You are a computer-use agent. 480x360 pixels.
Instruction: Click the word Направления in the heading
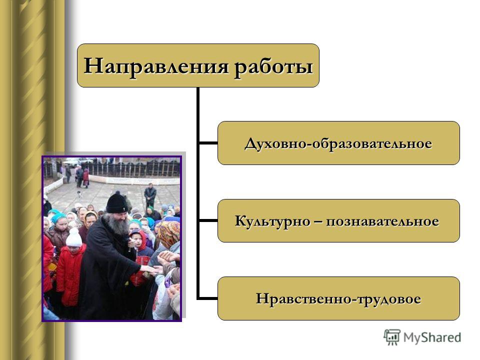[156, 66]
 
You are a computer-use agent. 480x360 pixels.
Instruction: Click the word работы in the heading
[273, 66]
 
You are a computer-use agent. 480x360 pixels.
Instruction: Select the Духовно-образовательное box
[338, 143]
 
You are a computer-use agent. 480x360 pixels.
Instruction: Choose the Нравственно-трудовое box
[338, 298]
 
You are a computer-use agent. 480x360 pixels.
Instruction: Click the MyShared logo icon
[392, 337]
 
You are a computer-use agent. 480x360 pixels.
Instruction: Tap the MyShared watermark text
[432, 337]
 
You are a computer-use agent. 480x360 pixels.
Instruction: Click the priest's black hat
[116, 203]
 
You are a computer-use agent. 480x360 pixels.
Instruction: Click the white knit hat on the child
[74, 237]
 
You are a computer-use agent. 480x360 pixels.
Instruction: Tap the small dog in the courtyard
[79, 194]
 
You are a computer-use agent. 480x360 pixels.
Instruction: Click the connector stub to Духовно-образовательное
[208, 143]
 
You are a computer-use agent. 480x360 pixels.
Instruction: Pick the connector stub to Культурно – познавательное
[208, 220]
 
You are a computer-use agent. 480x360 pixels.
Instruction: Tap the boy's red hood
[139, 239]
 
